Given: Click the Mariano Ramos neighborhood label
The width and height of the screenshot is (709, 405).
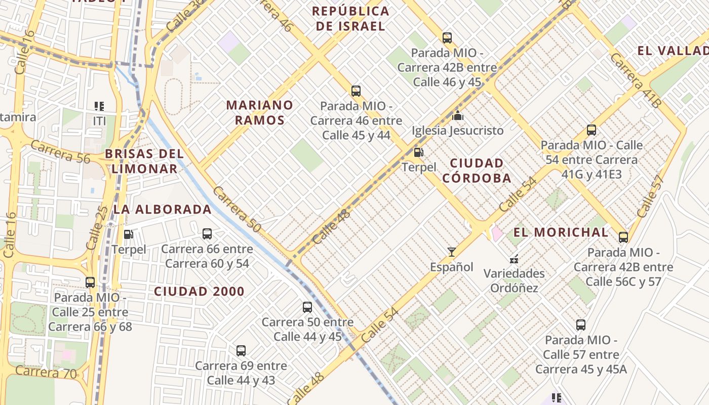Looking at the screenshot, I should tap(259, 112).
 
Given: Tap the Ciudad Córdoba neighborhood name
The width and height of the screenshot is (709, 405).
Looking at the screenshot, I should tap(476, 171).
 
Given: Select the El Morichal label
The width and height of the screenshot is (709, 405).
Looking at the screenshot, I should tap(561, 232).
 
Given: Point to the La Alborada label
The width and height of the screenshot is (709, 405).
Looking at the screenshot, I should tap(162, 209).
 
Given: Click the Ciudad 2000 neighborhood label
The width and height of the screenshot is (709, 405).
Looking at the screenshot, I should tap(199, 292).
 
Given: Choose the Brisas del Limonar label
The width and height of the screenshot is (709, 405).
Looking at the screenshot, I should tap(144, 161).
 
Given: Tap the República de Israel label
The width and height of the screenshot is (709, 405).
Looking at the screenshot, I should tap(350, 18).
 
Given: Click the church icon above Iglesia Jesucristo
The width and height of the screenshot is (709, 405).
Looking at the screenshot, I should tap(458, 115).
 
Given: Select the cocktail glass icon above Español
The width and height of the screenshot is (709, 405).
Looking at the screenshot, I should tap(451, 252).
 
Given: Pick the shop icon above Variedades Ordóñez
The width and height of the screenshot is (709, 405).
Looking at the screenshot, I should tap(514, 259).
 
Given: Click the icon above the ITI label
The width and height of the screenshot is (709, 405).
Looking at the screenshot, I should tap(99, 106).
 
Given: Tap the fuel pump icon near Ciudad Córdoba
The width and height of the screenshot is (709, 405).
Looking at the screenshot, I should tap(418, 152).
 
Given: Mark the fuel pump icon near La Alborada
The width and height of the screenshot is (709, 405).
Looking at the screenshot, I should tap(129, 234).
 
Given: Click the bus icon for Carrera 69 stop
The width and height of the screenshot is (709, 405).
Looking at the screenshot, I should tap(241, 350).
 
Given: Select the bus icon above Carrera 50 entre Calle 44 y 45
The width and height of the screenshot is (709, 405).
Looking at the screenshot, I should tap(307, 307).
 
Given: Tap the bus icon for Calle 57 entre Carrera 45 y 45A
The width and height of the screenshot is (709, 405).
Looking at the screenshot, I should tap(581, 325).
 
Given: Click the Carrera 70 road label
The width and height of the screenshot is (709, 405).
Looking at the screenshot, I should tap(46, 373).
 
